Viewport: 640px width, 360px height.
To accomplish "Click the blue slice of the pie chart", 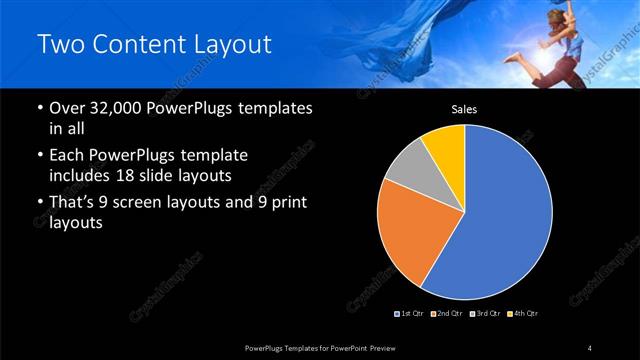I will click(x=510, y=215).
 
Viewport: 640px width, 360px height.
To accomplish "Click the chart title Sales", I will click(x=464, y=110).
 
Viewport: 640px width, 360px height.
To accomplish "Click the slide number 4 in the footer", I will click(x=590, y=347).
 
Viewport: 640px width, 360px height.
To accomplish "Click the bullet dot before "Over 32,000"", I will click(x=39, y=108).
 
